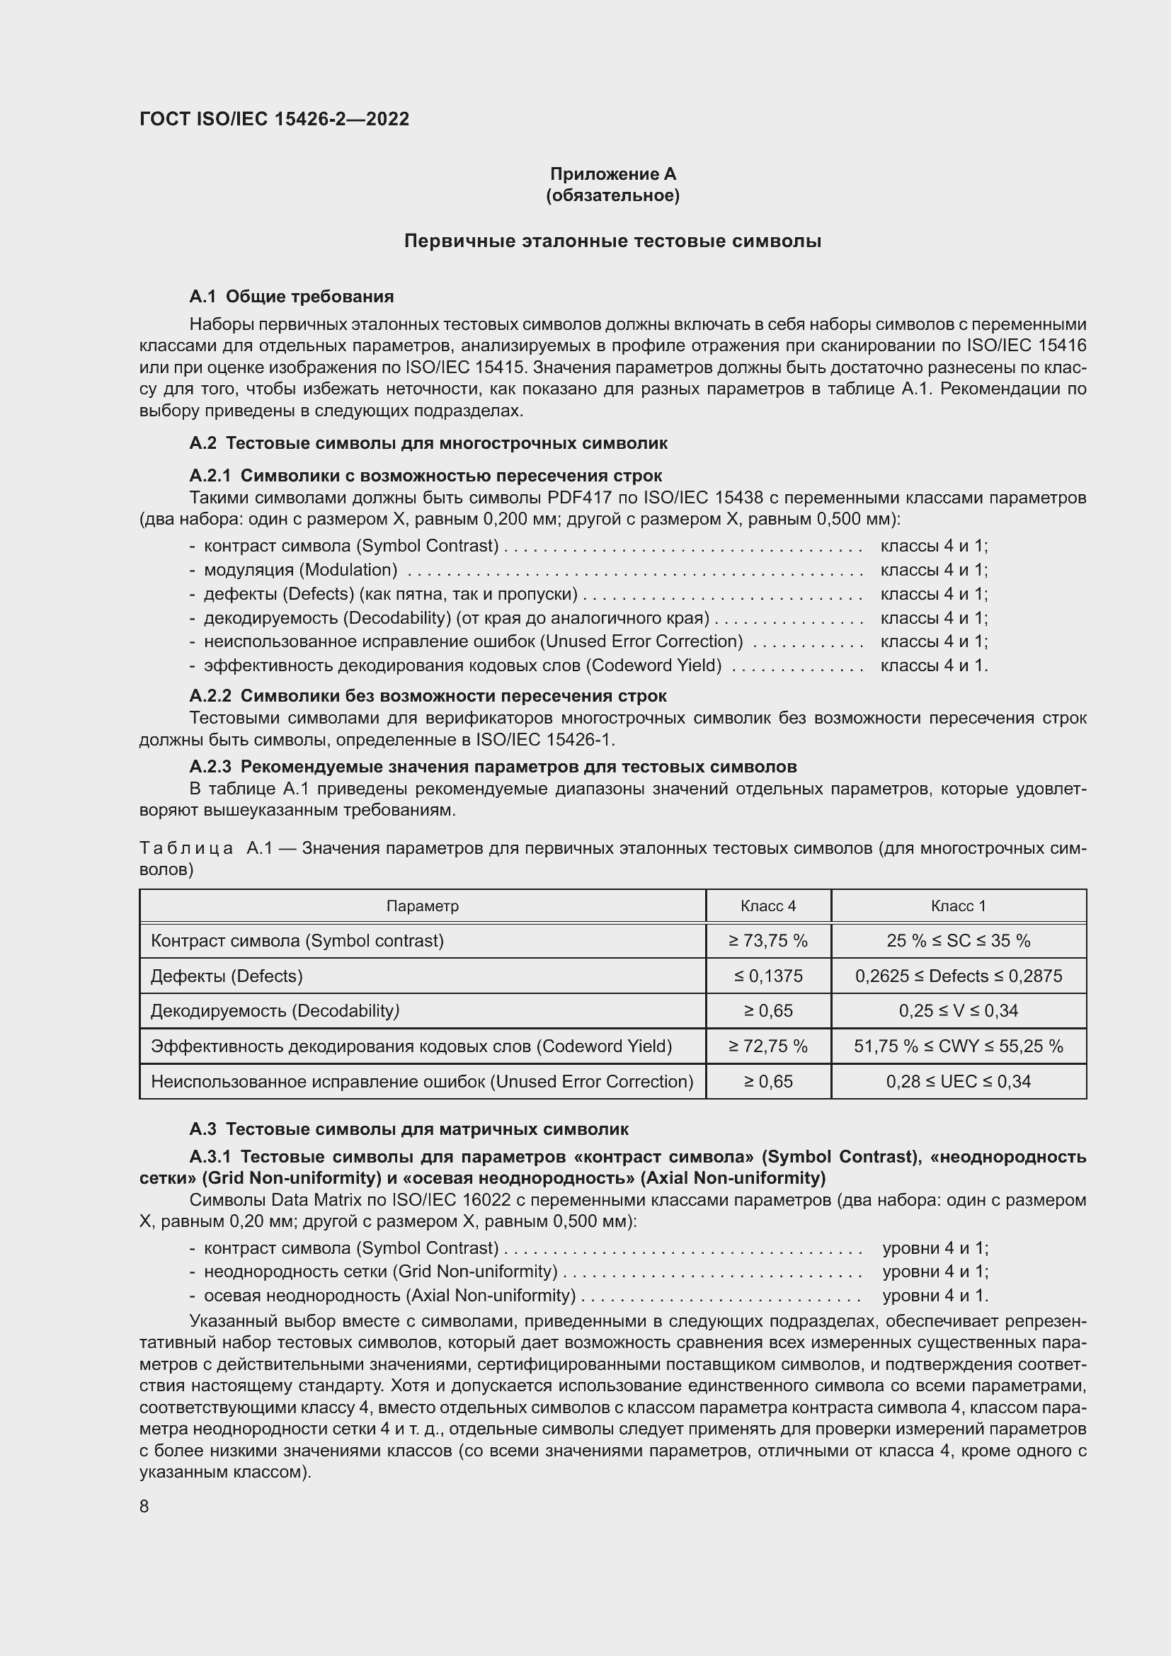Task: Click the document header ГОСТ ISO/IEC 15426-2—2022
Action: coord(274,119)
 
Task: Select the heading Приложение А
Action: coord(613,174)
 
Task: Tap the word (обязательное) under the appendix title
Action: coord(613,195)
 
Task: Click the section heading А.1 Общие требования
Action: coord(291,297)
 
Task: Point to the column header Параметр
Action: coord(423,906)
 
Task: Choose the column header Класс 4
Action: coord(768,906)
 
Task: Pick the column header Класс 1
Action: coord(959,906)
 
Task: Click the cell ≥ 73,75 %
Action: coord(768,940)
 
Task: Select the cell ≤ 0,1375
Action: coord(768,976)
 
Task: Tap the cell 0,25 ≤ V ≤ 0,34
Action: coord(959,1010)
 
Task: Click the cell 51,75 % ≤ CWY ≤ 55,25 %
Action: coord(959,1046)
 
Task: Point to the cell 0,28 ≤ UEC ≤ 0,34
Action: coord(959,1081)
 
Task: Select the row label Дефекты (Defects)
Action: coord(227,976)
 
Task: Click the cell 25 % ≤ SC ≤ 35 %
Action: coord(959,940)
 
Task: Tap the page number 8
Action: coord(144,1507)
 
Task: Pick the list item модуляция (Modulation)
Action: coord(300,570)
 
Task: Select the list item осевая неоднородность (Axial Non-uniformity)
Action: coord(389,1296)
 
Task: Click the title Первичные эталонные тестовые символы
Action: coord(613,241)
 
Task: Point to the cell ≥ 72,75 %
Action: coord(768,1046)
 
